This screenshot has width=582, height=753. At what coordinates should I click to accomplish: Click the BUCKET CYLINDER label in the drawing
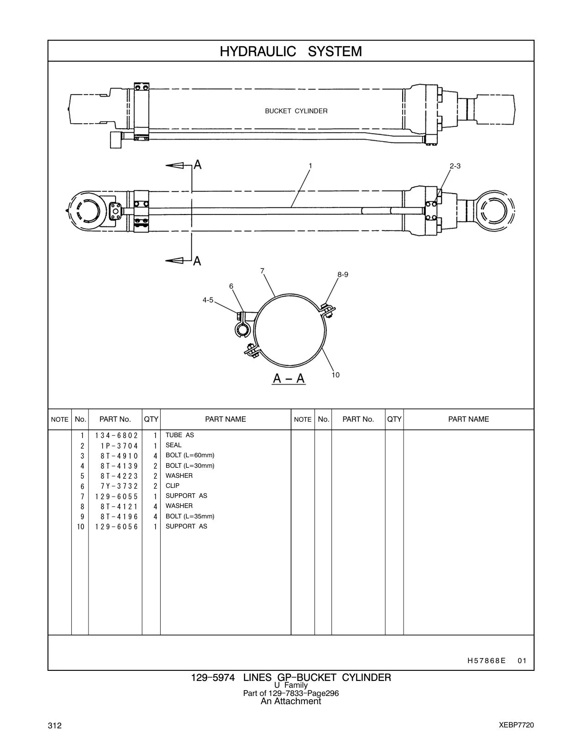pos(296,111)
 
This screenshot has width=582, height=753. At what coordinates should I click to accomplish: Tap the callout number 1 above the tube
pos(310,166)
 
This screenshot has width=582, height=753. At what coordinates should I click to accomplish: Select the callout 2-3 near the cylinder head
pos(455,166)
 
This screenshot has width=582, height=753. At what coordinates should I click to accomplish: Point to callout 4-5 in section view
pos(208,300)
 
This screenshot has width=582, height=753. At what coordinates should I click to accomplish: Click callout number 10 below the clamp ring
pos(336,375)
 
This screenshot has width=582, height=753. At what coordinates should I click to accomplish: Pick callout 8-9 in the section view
pos(343,274)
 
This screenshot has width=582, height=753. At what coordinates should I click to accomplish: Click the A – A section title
pos(289,378)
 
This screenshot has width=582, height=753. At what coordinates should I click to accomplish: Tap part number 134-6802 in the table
pos(116,435)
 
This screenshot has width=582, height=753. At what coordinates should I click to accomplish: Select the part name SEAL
pos(173,445)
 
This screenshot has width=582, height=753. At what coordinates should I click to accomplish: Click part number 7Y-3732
pos(119,486)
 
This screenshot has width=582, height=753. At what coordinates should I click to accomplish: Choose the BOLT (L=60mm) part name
pos(190,455)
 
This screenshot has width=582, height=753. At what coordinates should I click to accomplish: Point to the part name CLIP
pos(172,486)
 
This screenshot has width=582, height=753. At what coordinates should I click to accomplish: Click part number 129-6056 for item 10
pos(116,527)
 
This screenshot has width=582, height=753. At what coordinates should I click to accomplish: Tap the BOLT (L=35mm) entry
pos(190,516)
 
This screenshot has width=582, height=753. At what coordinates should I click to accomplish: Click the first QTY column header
pos(151,419)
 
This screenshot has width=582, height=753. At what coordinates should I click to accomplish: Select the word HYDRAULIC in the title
pos(258,52)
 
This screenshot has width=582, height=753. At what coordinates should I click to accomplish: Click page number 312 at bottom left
pos(55,726)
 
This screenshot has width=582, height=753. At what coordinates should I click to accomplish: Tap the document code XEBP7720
pos(516,725)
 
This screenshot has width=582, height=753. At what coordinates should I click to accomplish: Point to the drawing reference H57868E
pos(486,661)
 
